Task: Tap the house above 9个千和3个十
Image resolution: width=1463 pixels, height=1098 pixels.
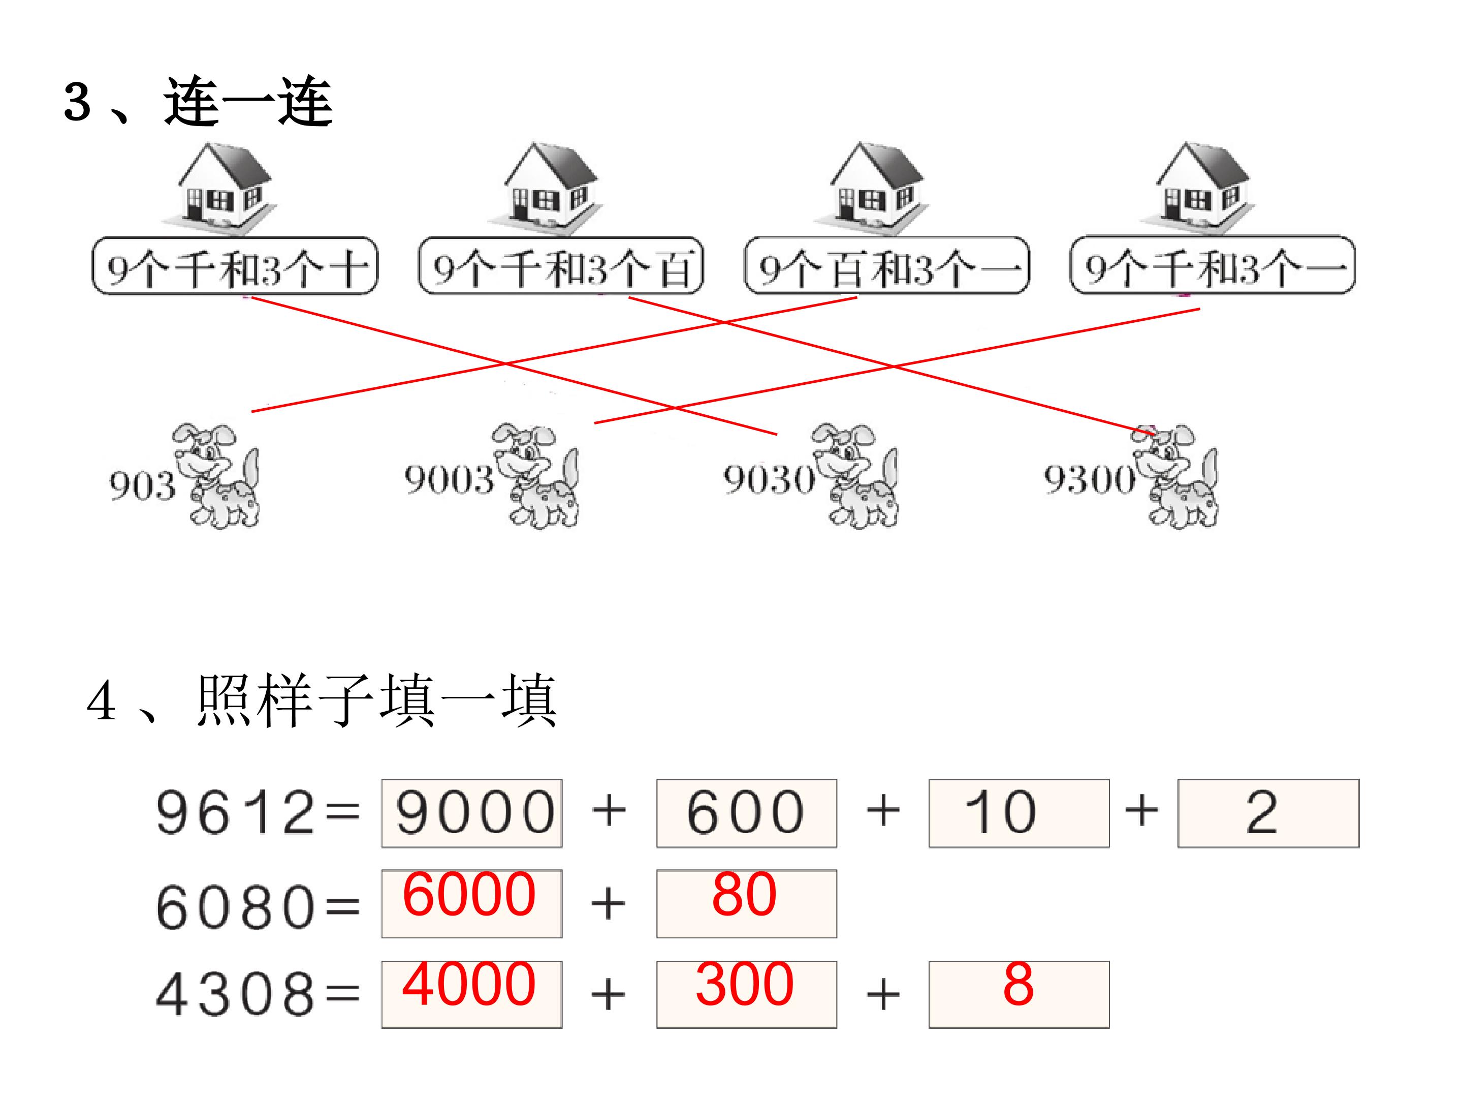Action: click(219, 188)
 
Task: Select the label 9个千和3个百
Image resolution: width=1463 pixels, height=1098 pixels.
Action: click(561, 265)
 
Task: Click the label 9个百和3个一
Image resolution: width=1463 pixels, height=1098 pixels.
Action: click(887, 265)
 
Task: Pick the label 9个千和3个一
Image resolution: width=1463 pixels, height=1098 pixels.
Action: click(1213, 265)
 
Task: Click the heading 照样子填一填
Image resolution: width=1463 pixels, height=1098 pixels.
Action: click(376, 701)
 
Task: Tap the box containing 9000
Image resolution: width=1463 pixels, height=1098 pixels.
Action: click(471, 813)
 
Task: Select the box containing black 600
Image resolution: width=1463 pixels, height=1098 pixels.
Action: click(747, 813)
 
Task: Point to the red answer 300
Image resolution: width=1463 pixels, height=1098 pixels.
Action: click(745, 984)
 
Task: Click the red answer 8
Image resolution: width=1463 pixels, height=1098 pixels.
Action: click(1019, 984)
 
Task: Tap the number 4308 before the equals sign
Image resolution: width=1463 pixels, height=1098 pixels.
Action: click(235, 994)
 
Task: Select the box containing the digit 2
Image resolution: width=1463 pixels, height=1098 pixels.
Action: click(1268, 813)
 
